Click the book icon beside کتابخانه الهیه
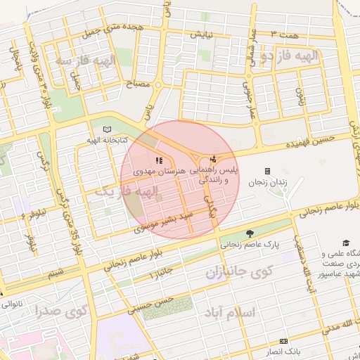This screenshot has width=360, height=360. point(107,129)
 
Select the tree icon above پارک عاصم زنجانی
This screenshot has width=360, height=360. point(250,233)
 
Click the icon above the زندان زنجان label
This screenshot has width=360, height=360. point(267,171)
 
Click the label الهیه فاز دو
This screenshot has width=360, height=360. point(288,56)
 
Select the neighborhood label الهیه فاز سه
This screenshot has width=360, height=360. point(86,60)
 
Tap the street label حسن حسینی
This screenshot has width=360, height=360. point(149,304)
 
